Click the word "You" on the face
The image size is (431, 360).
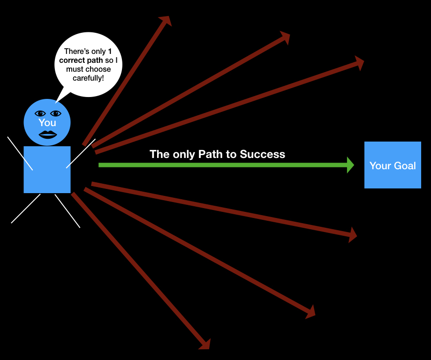pos(47,123)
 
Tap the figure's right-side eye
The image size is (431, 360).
pos(56,113)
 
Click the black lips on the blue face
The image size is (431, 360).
pos(47,135)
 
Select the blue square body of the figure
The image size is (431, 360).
pos(47,169)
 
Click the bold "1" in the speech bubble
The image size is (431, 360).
pos(109,52)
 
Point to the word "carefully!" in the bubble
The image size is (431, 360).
pos(88,78)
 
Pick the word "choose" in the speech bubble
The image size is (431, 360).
pos(100,69)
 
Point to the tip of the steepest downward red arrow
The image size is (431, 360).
pos(206,345)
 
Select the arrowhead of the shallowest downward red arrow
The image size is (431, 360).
pos(353,233)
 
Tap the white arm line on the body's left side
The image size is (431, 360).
pos(20,153)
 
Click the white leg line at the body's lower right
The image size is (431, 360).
pos(68,211)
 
